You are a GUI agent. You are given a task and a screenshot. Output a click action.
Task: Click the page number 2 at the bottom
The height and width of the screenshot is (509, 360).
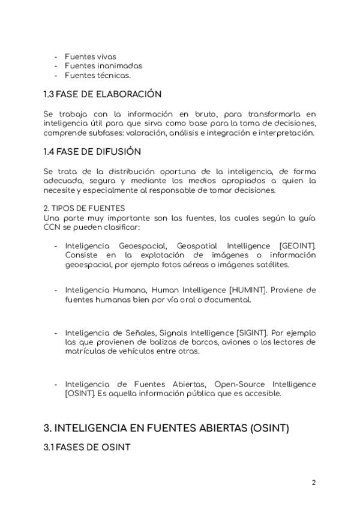tap(313, 482)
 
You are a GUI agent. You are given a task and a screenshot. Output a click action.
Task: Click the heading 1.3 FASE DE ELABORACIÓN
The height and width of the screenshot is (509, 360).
tap(103, 94)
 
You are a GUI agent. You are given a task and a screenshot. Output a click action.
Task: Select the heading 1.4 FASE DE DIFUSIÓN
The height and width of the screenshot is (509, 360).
tap(92, 151)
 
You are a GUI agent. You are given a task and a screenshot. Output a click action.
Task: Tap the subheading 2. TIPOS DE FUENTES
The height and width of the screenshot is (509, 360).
tap(85, 208)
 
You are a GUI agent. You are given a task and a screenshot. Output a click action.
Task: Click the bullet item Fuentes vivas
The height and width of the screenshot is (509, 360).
tap(90, 56)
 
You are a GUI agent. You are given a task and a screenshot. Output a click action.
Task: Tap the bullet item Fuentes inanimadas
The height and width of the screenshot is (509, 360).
tap(103, 66)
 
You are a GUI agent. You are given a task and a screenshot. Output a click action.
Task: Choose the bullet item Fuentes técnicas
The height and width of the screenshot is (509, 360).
tap(97, 76)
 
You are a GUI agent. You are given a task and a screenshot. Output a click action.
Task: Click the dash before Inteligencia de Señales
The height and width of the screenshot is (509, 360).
tap(56, 333)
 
